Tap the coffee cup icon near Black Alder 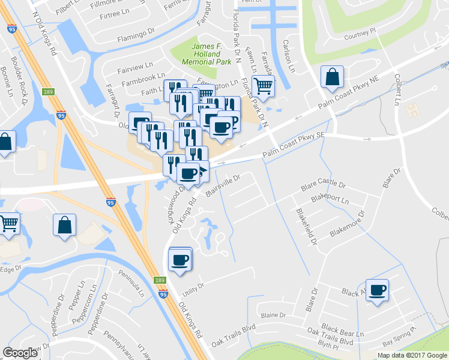coord(378,291)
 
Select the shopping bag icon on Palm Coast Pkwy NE coord(332,77)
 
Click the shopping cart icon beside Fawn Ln coord(263,86)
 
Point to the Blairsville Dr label coord(223,185)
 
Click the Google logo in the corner coord(20,352)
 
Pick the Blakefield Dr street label coord(306,226)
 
